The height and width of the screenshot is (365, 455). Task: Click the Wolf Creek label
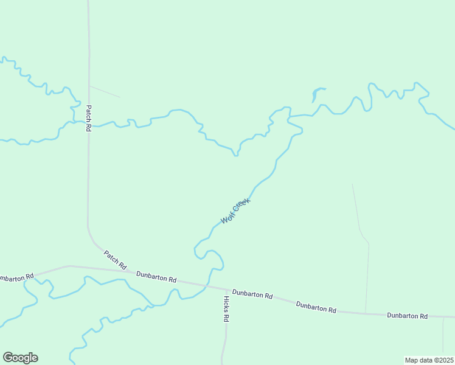tap(235, 210)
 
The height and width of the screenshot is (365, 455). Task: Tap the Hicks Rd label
tap(226, 308)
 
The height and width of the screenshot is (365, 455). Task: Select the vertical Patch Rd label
tap(89, 118)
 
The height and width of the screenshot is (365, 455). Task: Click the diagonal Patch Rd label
tap(114, 260)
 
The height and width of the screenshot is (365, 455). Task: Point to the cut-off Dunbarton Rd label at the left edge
tap(16, 278)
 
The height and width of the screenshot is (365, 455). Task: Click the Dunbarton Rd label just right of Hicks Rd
tap(252, 294)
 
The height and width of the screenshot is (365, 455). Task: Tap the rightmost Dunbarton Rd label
tap(408, 316)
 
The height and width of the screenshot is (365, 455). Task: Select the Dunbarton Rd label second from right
tap(316, 306)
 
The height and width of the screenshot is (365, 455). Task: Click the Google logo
tap(20, 358)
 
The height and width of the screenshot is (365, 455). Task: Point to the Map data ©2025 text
tap(429, 360)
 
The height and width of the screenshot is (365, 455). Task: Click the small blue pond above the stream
tap(316, 94)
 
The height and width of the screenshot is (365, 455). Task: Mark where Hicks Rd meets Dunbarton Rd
tap(225, 289)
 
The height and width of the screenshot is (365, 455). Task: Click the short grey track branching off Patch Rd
tap(105, 91)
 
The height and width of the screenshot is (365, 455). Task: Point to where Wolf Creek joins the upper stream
tap(290, 115)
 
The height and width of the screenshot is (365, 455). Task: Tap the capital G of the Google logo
tap(8, 358)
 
